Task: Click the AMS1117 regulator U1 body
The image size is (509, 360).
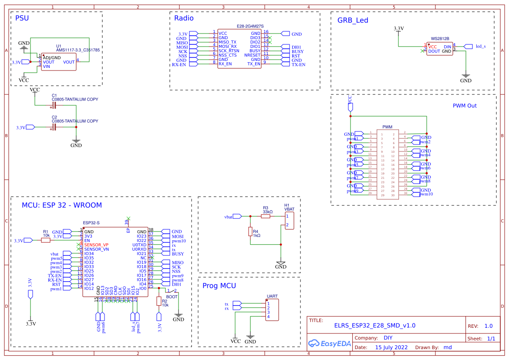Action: tap(58, 62)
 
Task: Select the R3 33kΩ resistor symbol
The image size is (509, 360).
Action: tap(266, 216)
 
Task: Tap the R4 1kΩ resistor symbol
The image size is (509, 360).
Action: tap(250, 232)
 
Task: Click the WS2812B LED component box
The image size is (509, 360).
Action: tap(439, 48)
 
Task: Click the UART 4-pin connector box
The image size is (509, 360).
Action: tap(272, 310)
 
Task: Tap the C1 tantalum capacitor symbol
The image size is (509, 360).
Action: tap(54, 105)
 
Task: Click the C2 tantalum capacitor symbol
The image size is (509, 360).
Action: tap(54, 127)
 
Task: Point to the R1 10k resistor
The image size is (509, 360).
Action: tap(45, 240)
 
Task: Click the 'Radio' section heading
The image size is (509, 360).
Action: tap(184, 18)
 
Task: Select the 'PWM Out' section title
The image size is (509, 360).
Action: tap(465, 106)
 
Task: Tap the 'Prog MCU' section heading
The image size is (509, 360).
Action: tap(219, 286)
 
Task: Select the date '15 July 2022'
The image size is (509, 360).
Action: tap(391, 347)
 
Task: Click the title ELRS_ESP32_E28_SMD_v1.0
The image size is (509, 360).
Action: tap(374, 325)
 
